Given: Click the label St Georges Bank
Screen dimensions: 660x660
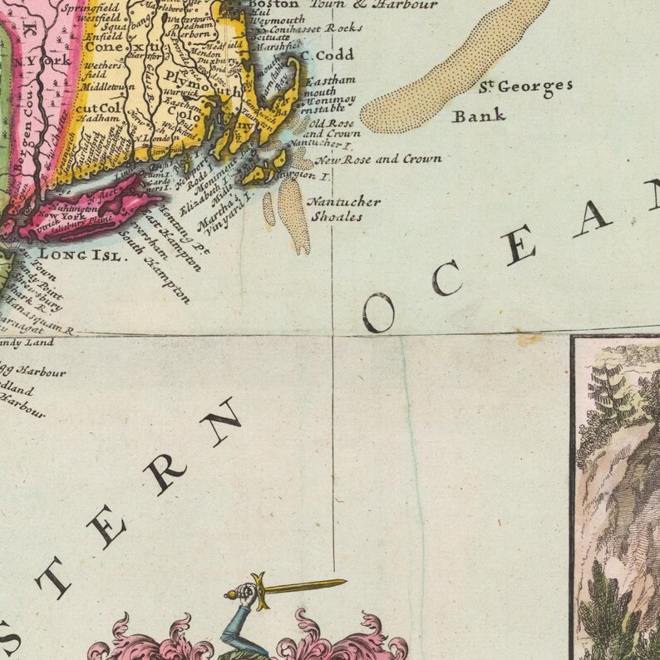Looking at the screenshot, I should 512,99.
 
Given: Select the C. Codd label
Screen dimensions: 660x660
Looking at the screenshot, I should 327,55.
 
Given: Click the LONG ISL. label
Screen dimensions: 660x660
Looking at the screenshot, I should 81,255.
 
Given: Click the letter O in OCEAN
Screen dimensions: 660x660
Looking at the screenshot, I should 378,313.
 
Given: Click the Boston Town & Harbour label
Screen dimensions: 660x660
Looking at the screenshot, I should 342,4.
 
